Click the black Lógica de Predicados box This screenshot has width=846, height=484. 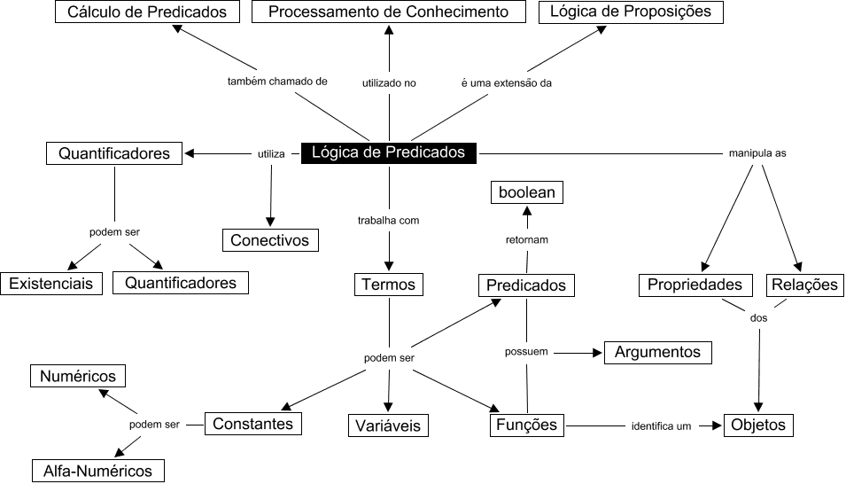(x=388, y=152)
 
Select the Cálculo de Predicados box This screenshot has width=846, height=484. (x=147, y=12)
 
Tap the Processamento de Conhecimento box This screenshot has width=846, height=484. (x=389, y=12)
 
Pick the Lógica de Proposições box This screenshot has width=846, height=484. (x=630, y=12)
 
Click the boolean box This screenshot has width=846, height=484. (x=526, y=192)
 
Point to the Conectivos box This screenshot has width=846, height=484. (x=269, y=239)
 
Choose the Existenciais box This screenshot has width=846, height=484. (x=51, y=284)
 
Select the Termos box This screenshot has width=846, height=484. (x=389, y=285)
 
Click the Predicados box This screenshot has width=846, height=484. (x=527, y=285)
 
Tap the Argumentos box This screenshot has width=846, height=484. (x=657, y=352)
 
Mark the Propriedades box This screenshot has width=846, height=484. (x=695, y=285)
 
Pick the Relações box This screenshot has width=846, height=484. (x=804, y=285)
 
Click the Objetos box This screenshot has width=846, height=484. (x=758, y=425)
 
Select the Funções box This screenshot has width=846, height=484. (x=527, y=425)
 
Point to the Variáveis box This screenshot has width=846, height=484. (x=388, y=425)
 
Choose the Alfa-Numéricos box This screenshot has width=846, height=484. (x=97, y=471)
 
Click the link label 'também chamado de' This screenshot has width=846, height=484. (x=277, y=82)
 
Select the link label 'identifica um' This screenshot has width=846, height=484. (x=661, y=426)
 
